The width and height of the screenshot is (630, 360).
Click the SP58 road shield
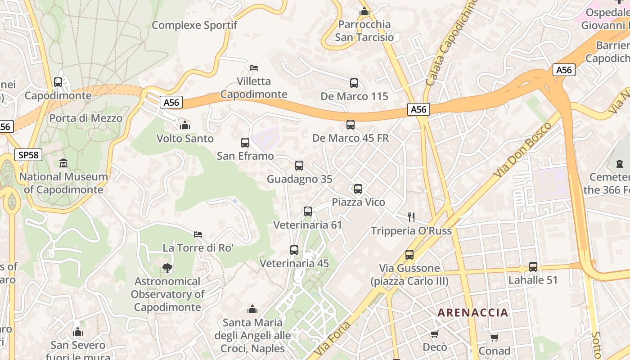tap(28, 155)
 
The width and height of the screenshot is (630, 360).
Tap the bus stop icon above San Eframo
tap(245, 143)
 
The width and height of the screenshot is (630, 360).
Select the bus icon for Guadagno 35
tap(299, 166)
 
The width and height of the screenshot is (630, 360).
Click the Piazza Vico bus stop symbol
tap(358, 189)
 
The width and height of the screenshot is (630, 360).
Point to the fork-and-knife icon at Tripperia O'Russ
tap(411, 217)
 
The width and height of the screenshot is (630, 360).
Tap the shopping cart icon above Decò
tap(434, 334)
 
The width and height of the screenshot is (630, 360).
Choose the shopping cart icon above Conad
tap(494, 337)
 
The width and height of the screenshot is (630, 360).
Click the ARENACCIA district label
tap(472, 312)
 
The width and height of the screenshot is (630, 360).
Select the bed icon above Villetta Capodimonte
tap(254, 68)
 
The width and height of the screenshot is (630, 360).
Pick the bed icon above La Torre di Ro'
tap(198, 234)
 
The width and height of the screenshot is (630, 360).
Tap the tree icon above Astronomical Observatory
tap(167, 268)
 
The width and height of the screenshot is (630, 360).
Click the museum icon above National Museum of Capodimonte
tap(63, 163)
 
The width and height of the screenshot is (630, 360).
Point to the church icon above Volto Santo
tap(185, 125)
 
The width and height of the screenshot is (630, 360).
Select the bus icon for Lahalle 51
tap(533, 267)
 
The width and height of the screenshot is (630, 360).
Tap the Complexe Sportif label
tap(194, 25)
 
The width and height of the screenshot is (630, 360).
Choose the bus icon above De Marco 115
tap(354, 83)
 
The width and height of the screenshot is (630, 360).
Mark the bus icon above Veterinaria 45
tap(294, 250)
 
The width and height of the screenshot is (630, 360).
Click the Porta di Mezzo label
tap(86, 118)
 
